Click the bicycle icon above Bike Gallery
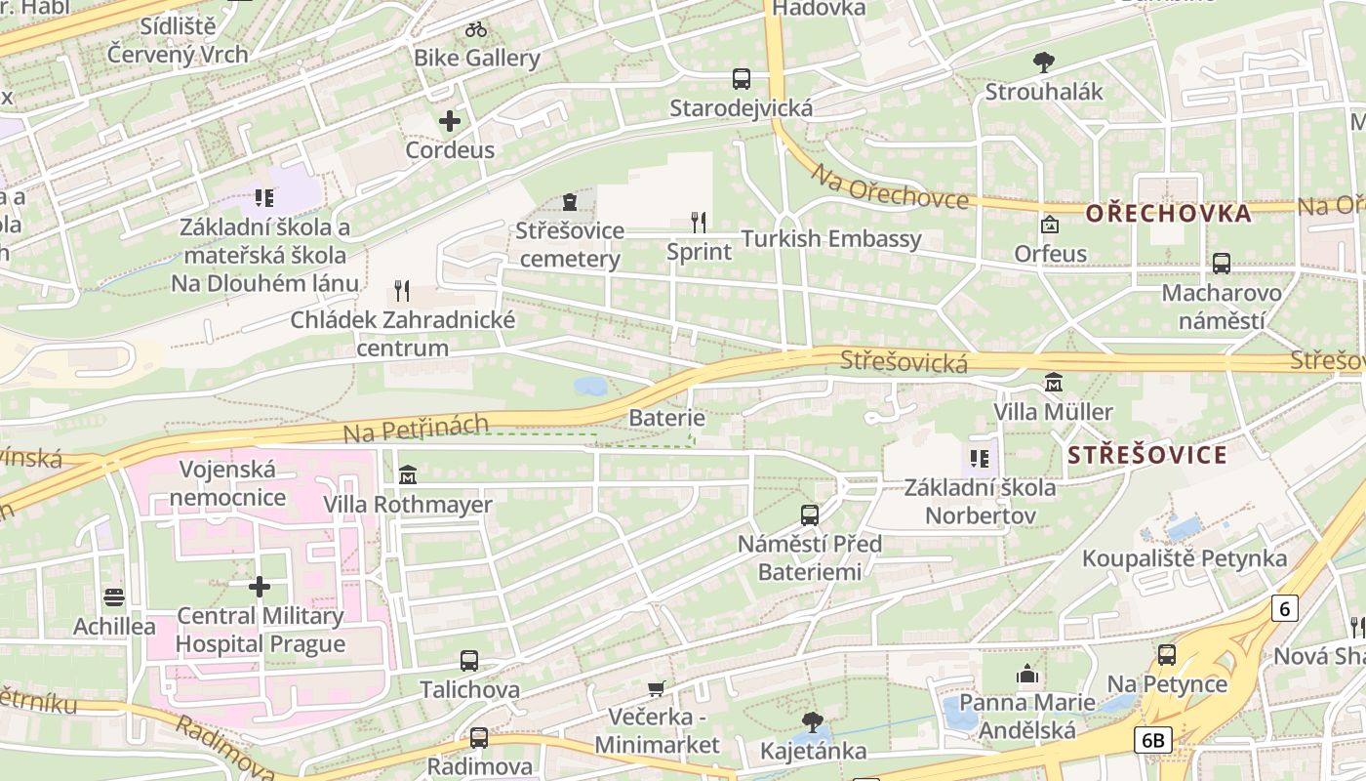pyautogui.click(x=476, y=29)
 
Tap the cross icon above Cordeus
pyautogui.click(x=450, y=122)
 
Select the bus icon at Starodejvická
pyautogui.click(x=742, y=79)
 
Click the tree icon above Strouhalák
pyautogui.click(x=1044, y=62)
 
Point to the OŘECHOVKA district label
pyautogui.click(x=1168, y=213)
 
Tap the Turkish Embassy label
pyautogui.click(x=831, y=239)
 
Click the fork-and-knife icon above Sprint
pyautogui.click(x=699, y=223)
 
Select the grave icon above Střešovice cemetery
pyautogui.click(x=570, y=202)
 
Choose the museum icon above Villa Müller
pyautogui.click(x=1054, y=382)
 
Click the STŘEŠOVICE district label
pyautogui.click(x=1146, y=455)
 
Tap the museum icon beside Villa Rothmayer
pyautogui.click(x=408, y=475)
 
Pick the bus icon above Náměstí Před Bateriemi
pyautogui.click(x=810, y=514)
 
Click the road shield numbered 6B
pyautogui.click(x=1152, y=740)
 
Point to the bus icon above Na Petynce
pyautogui.click(x=1166, y=655)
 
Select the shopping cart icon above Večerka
pyautogui.click(x=657, y=689)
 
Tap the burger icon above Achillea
pyautogui.click(x=114, y=597)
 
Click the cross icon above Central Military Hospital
pyautogui.click(x=260, y=587)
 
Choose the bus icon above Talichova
pyautogui.click(x=469, y=661)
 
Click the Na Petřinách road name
pyautogui.click(x=417, y=427)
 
